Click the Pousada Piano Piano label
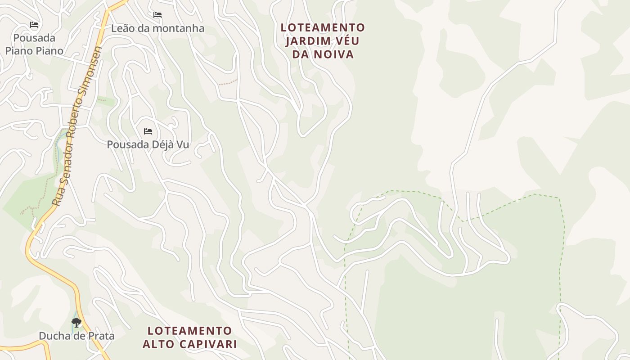(34, 44)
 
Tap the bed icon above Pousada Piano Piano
(34, 24)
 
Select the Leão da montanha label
(157, 28)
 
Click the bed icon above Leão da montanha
(157, 15)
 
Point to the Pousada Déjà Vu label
(148, 144)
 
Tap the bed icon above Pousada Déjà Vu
(148, 131)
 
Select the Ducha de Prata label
(76, 336)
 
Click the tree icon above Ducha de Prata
(76, 322)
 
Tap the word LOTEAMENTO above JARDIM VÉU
(323, 27)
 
